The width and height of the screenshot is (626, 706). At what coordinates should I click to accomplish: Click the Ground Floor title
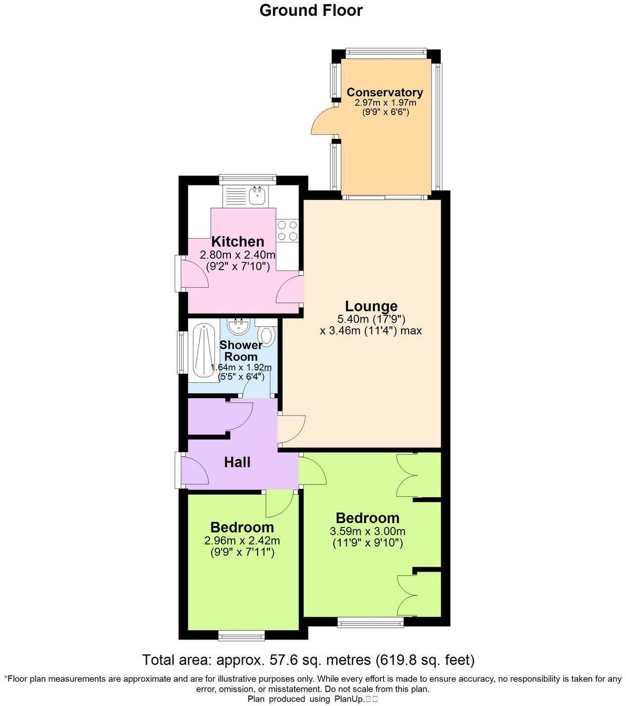point(311,10)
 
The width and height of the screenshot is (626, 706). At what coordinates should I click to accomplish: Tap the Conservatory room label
point(384,92)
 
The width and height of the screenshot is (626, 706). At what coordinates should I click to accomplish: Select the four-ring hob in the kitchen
point(287,231)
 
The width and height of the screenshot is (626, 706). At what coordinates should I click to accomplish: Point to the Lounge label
point(371,306)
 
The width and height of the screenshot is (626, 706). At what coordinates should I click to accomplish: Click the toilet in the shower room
point(267,336)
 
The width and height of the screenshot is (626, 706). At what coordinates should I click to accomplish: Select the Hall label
point(237,463)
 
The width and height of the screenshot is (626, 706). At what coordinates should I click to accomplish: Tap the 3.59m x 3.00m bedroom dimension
point(367,531)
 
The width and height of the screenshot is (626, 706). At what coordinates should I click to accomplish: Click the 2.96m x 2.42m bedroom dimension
point(242,540)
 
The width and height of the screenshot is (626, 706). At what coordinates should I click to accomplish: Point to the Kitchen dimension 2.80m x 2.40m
point(237,255)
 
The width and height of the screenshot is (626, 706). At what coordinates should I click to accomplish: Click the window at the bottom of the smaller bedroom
point(242,634)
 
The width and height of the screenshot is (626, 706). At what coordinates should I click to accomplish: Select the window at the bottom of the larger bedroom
point(370,622)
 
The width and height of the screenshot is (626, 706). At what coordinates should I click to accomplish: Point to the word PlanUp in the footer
point(347,699)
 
